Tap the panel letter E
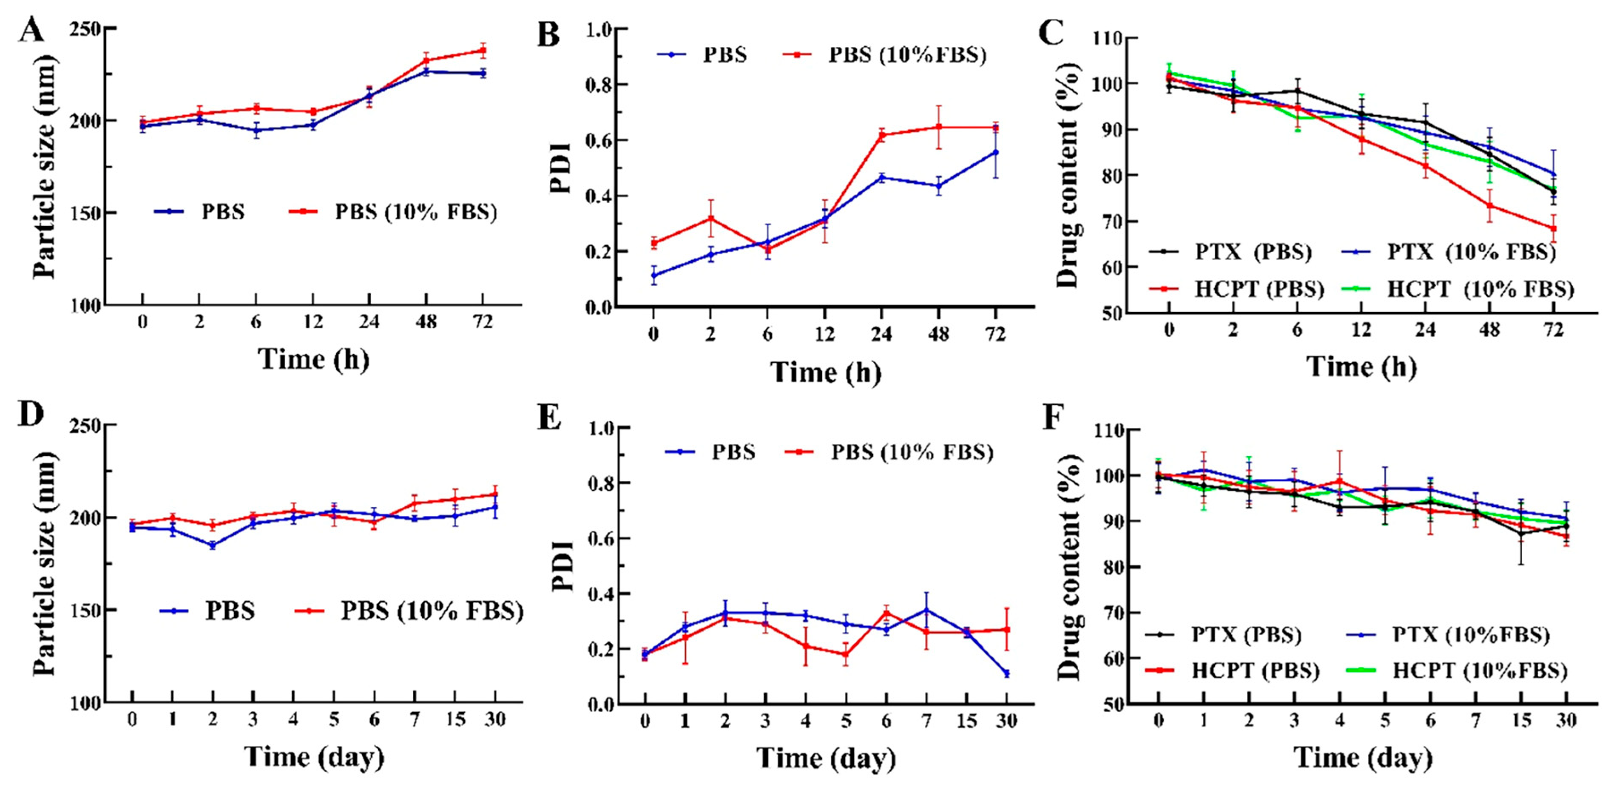[x=549, y=419]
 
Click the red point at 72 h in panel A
[x=483, y=50]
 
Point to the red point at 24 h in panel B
[x=881, y=135]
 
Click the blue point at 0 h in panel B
[x=653, y=275]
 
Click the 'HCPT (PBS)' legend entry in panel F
[x=1233, y=671]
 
